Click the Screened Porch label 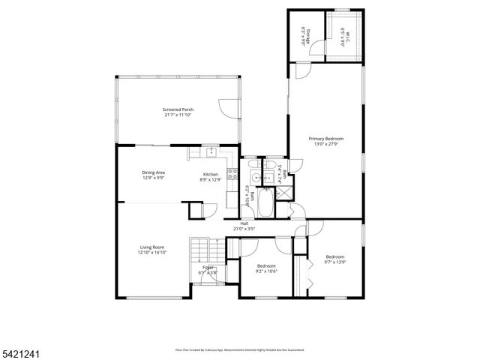[x=178, y=109]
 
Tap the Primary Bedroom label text [x=328, y=139]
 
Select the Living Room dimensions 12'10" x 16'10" [x=151, y=253]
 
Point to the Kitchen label [x=211, y=174]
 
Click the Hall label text [x=244, y=223]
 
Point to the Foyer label [x=208, y=268]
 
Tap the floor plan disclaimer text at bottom [x=239, y=349]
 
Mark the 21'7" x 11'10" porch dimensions [x=178, y=115]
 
